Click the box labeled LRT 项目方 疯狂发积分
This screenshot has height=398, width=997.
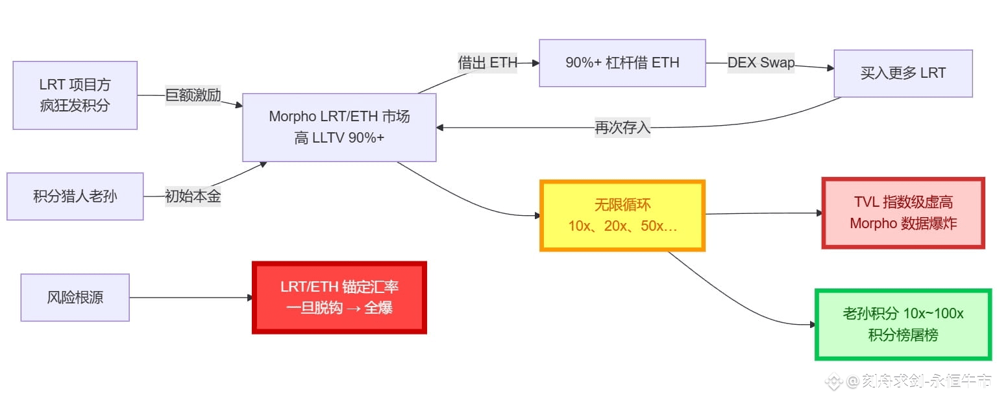coord(75,95)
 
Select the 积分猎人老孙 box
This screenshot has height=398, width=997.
coord(75,196)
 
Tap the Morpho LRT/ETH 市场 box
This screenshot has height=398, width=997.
coord(339,127)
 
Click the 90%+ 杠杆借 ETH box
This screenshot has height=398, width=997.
coord(622,63)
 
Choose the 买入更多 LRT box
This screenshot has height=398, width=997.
coord(902,73)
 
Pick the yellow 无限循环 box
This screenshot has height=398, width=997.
coord(622,216)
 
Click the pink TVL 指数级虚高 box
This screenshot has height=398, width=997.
coord(903,213)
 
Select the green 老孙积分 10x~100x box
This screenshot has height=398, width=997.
coord(902,324)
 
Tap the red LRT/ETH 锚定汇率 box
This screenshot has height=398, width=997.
coord(339,298)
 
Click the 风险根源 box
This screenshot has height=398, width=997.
coord(75,298)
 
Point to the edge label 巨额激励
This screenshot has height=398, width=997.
coord(193,96)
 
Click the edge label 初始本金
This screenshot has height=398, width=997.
coord(193,196)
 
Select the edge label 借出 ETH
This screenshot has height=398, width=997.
coord(487,63)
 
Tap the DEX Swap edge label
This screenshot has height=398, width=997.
coord(760,63)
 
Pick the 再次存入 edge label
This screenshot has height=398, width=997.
coord(622,127)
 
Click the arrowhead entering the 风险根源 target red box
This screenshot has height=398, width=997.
coord(249,298)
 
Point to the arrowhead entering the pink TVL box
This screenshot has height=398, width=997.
coord(819,213)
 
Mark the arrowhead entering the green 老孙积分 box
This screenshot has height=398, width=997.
coord(811,324)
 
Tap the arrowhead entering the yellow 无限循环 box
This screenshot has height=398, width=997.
coord(537,216)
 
